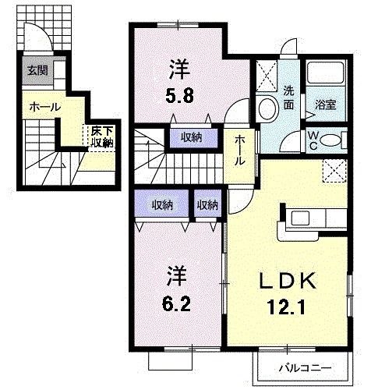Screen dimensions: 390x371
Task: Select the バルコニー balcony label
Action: pos(305,367)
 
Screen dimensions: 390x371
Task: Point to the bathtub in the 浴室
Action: pos(325,75)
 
